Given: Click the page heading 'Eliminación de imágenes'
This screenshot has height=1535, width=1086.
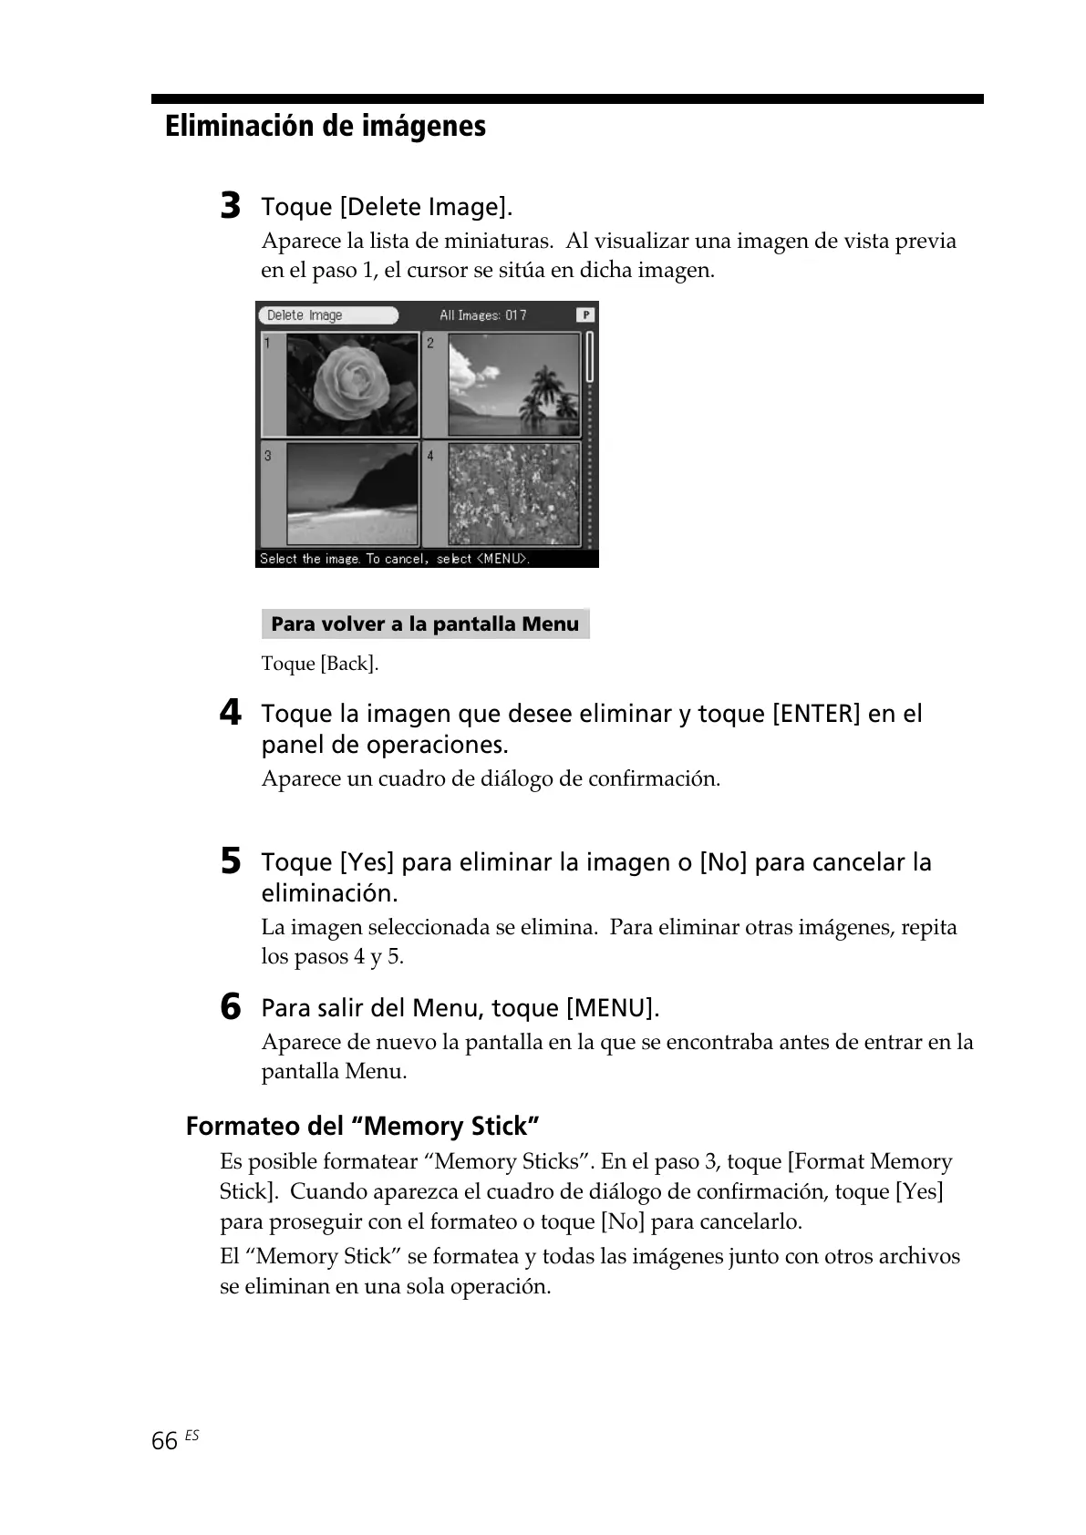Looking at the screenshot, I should coord(325,126).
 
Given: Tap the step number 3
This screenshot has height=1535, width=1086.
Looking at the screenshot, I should coord(231,205).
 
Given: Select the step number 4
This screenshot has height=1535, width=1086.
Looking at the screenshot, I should coord(231,712).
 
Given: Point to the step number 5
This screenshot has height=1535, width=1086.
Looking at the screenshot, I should coord(231,860).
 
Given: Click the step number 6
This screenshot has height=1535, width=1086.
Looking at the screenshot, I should coord(231,1006).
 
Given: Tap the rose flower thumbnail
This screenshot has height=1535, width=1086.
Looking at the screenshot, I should coord(351,384).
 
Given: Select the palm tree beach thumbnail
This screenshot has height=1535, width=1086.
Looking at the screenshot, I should coord(513,384).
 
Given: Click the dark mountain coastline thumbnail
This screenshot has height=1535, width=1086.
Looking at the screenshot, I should coord(351,494).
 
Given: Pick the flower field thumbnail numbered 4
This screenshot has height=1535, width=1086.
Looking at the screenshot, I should coord(513,494).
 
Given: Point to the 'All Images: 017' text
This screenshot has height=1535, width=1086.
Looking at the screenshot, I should coord(482,315).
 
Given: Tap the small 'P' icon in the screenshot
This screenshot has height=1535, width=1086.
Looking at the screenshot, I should coord(584,314).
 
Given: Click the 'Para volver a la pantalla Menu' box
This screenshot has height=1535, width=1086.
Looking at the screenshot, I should coord(425,624).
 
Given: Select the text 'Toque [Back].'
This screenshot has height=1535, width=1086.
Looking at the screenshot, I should coord(319,664).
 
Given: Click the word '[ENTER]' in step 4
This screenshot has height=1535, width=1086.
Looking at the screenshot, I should coord(816,714).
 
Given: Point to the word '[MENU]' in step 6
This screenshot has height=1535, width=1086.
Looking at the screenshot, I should coord(609,1008).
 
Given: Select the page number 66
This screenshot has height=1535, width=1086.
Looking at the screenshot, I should coord(164,1441).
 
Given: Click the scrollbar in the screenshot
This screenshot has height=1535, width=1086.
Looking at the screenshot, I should coord(590,438).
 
